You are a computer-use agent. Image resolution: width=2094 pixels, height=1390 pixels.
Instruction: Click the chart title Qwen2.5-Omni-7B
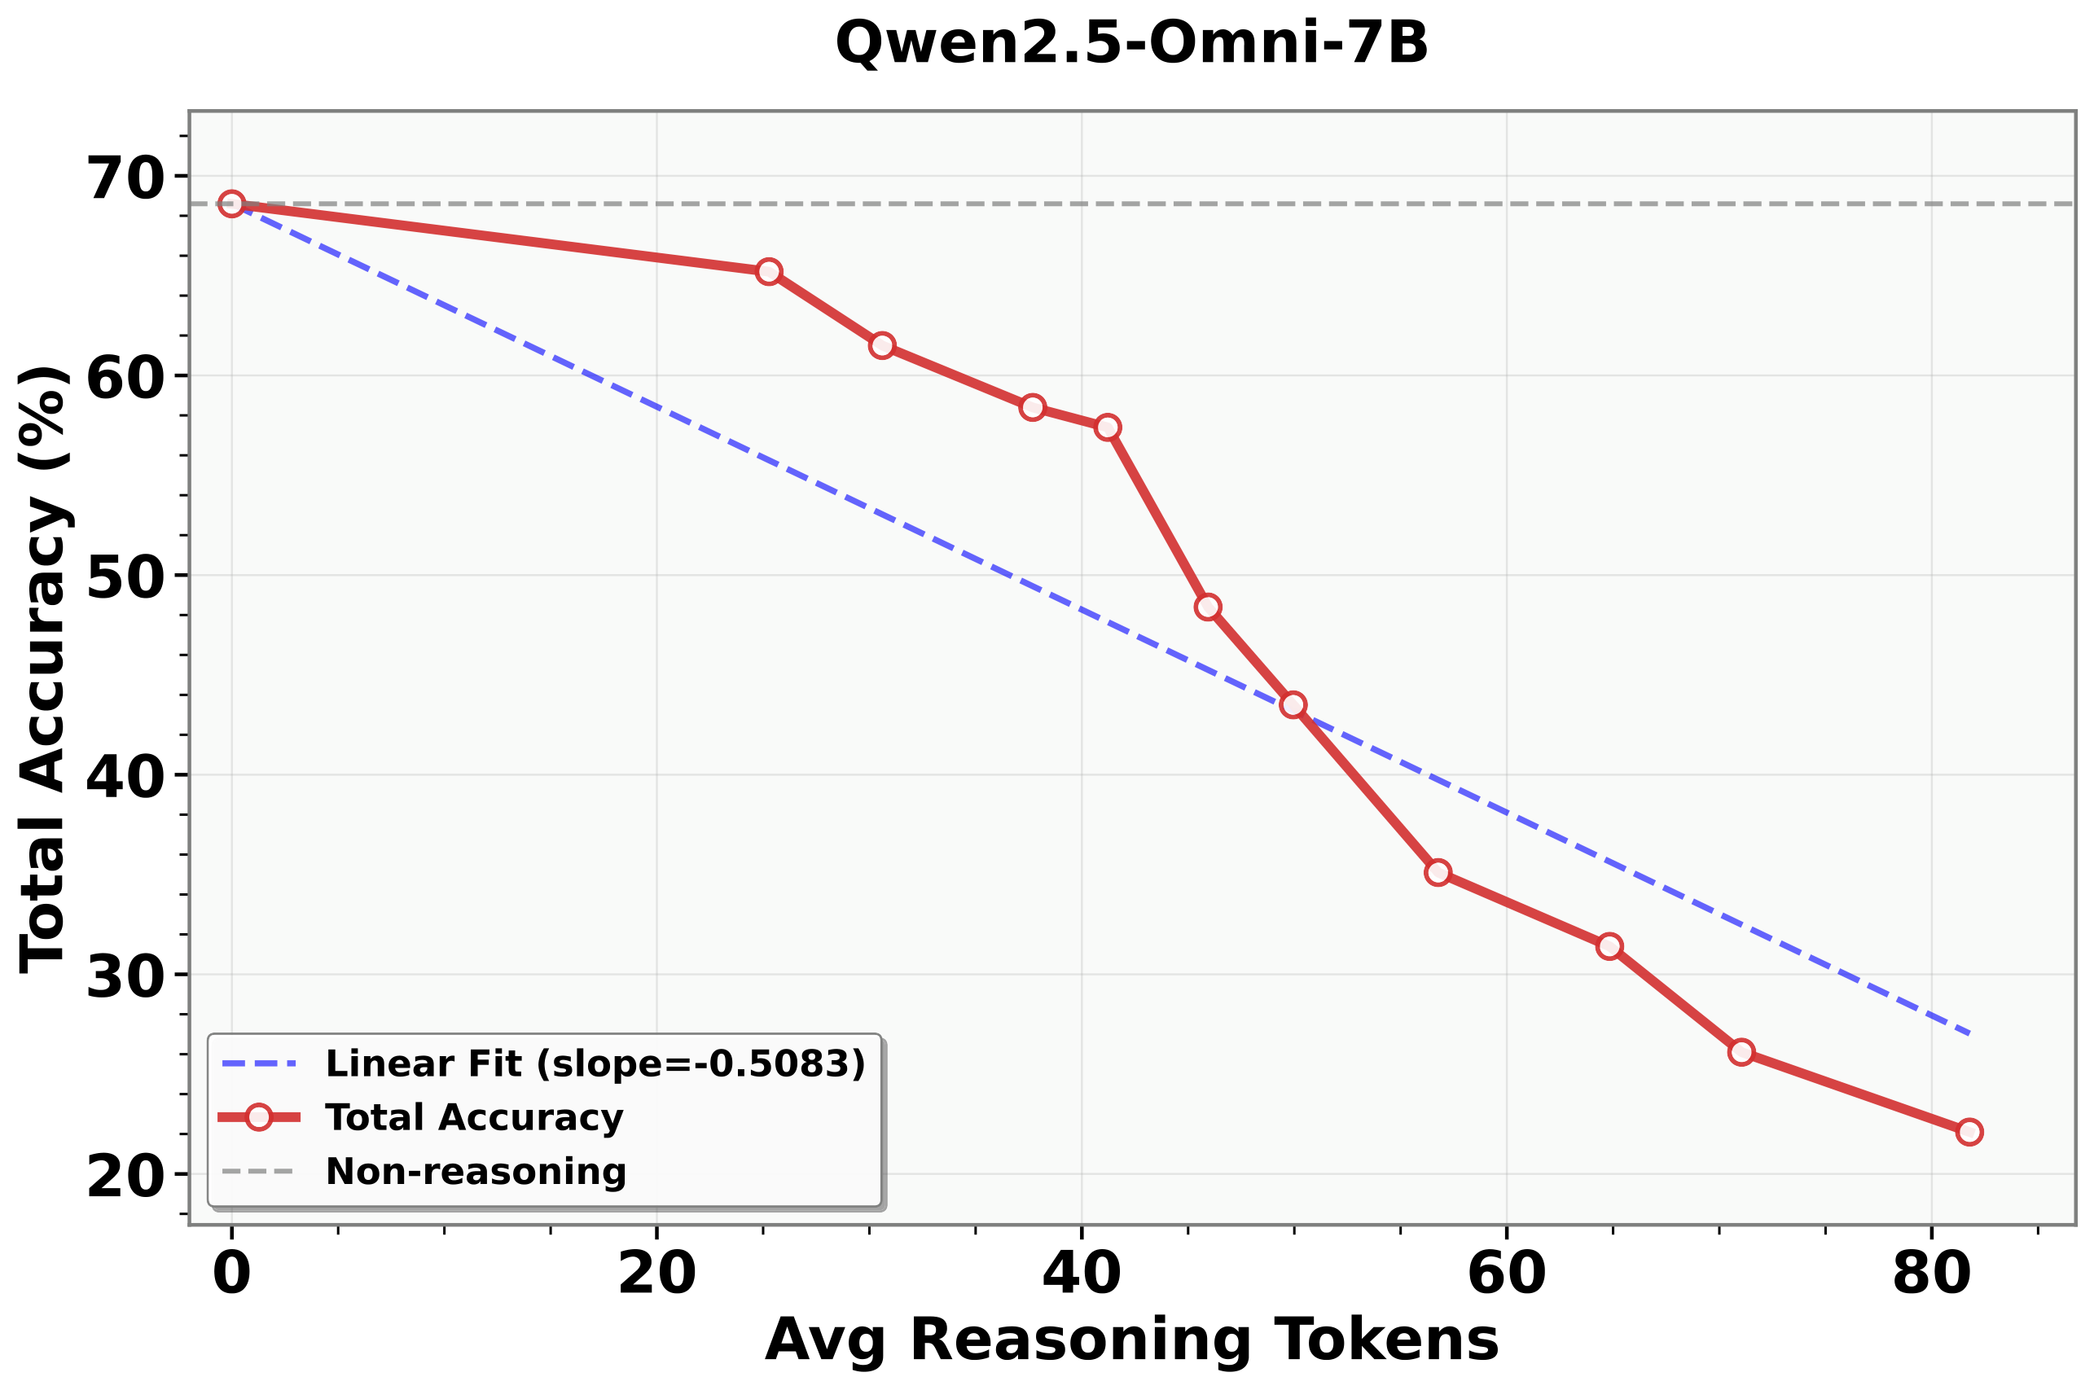[x=1131, y=43]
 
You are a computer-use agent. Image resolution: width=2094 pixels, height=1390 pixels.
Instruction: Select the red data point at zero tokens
[x=231, y=204]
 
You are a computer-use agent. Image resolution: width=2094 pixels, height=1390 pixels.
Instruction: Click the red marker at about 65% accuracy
[x=769, y=271]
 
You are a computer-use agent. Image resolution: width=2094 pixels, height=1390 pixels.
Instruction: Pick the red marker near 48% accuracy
[x=1208, y=607]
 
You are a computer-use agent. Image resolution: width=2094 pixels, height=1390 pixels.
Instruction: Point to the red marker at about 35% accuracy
[x=1438, y=872]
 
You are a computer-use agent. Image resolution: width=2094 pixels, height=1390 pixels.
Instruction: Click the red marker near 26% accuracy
[x=1741, y=1052]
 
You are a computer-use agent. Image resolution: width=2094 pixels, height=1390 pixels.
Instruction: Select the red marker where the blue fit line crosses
[x=1293, y=704]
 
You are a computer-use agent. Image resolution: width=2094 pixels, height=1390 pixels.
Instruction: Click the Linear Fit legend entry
[x=594, y=1063]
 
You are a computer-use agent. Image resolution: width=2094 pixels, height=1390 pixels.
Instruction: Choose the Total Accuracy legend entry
[x=473, y=1117]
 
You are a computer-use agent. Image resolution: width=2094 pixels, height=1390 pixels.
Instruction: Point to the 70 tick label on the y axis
[x=126, y=178]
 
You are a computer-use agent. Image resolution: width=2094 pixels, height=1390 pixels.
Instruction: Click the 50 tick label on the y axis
[x=126, y=577]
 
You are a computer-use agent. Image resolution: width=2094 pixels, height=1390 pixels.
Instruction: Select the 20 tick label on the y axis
[x=126, y=1176]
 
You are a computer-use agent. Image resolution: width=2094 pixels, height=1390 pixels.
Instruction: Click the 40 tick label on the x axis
[x=1081, y=1274]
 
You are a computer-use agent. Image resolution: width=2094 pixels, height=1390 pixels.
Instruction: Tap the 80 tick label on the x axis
[x=1931, y=1274]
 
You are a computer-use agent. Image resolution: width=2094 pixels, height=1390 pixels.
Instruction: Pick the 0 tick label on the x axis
[x=231, y=1274]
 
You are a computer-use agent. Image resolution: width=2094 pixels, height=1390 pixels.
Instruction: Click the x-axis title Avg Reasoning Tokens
[x=1131, y=1340]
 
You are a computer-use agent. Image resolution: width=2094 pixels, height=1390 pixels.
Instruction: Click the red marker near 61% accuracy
[x=881, y=344]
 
